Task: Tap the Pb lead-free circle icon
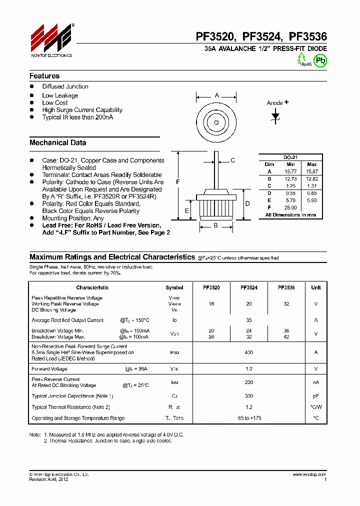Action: click(320, 60)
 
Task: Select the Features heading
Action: click(44, 76)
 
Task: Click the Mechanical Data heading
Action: click(57, 142)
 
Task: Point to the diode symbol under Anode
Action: click(275, 115)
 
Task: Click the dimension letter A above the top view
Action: click(217, 95)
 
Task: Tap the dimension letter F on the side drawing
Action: click(178, 182)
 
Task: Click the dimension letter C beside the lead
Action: click(233, 160)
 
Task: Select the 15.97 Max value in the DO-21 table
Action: click(311, 171)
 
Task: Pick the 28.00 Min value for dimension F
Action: click(290, 207)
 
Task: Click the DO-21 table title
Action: click(290, 157)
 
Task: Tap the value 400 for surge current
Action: click(248, 352)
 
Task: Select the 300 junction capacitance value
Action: click(248, 395)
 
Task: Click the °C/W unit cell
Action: click(315, 407)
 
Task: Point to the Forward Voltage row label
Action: click(49, 368)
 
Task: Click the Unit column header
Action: click(315, 287)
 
